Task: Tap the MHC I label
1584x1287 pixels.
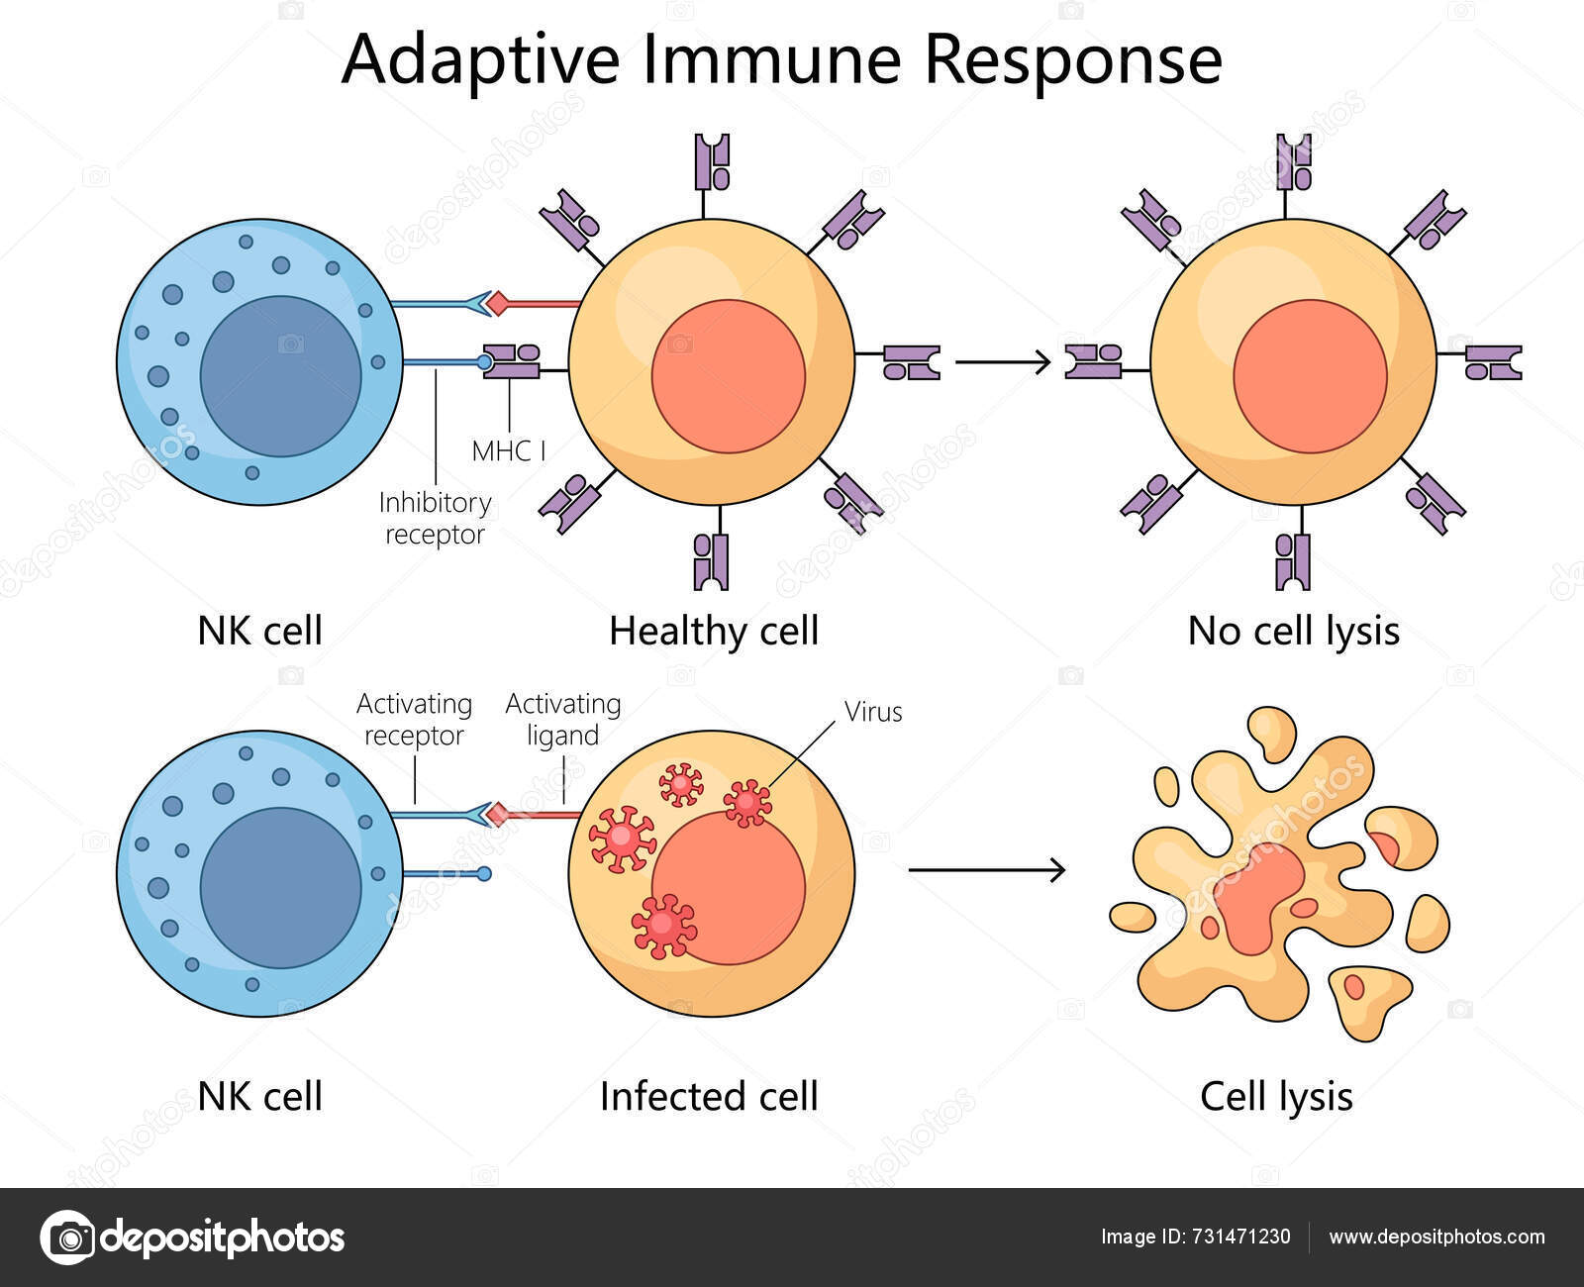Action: [x=509, y=451]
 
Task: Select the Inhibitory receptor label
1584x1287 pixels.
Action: [x=435, y=518]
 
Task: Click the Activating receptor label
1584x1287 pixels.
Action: [x=414, y=720]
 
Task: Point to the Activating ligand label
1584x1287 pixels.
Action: [x=562, y=720]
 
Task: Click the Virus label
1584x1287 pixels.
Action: [x=872, y=712]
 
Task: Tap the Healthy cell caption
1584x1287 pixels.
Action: [x=714, y=631]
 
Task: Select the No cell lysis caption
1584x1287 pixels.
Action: [x=1293, y=631]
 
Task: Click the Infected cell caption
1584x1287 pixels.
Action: [x=709, y=1096]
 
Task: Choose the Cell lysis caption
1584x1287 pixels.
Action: [x=1276, y=1096]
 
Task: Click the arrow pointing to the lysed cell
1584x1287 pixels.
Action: [x=986, y=870]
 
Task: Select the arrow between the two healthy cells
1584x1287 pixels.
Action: [x=1002, y=363]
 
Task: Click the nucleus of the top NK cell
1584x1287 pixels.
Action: [x=281, y=376]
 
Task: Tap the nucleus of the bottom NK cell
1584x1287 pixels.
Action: [x=281, y=887]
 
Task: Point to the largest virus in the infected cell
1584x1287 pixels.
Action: [x=622, y=839]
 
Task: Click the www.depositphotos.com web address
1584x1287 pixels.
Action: [x=1436, y=1237]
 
